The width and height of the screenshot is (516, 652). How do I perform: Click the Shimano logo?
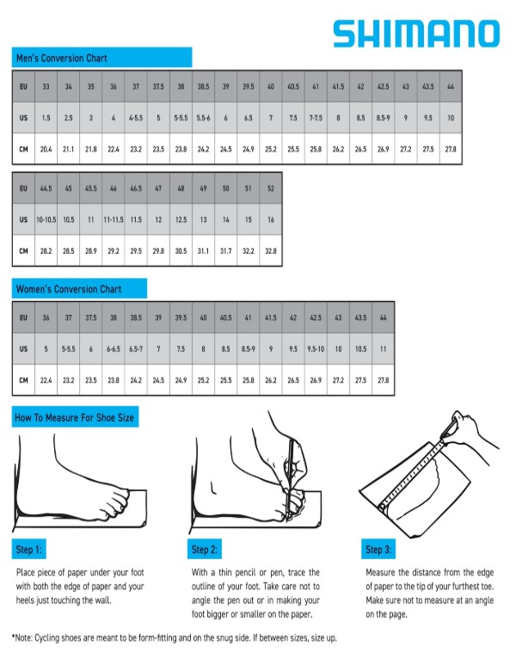tap(416, 34)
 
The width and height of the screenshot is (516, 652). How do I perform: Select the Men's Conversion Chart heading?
tap(62, 58)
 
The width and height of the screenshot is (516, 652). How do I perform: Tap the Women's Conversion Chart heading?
tap(69, 289)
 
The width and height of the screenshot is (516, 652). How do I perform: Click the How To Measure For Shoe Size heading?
tap(75, 417)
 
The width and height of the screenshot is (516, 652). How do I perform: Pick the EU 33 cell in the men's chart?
tap(46, 87)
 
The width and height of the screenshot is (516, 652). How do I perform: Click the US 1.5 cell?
tap(46, 118)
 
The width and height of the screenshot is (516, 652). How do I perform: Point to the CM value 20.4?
tap(46, 149)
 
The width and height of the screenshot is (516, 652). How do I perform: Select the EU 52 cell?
tap(271, 188)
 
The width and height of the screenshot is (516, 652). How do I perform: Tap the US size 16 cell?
tap(271, 219)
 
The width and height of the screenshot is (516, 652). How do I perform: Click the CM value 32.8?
tap(271, 251)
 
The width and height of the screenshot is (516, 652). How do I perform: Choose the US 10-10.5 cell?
tap(46, 219)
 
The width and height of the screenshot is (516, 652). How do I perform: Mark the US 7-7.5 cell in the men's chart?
tap(316, 118)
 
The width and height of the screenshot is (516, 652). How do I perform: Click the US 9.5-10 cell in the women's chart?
tap(316, 349)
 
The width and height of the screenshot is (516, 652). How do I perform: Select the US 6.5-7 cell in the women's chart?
tap(136, 349)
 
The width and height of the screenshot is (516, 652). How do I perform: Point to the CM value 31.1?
tap(203, 251)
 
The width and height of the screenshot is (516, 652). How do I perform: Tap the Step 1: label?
tap(28, 550)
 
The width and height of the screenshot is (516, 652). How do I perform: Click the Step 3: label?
tap(378, 550)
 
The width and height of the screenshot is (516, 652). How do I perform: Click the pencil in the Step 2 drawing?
tap(290, 478)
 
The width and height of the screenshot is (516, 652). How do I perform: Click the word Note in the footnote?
tap(23, 638)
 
